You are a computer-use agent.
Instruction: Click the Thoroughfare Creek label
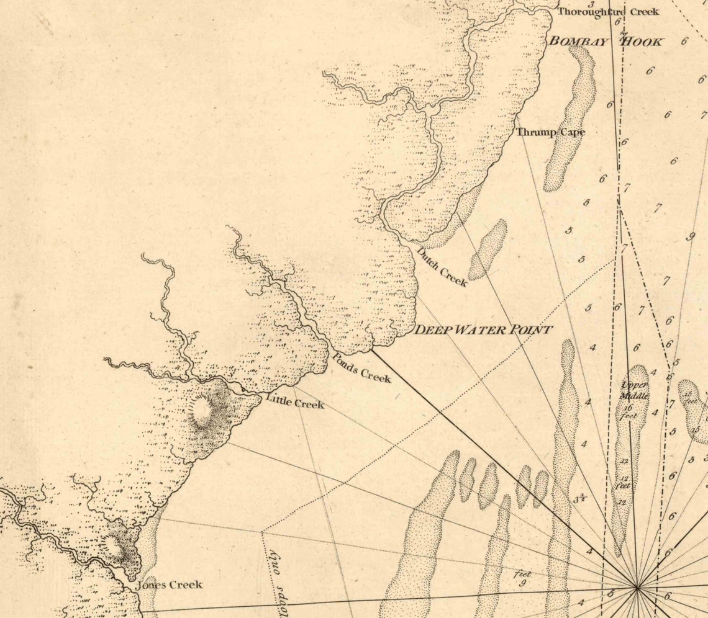(608, 12)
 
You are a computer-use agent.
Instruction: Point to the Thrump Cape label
(550, 132)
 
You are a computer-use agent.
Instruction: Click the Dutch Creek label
(442, 267)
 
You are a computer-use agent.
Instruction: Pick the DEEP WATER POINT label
(483, 329)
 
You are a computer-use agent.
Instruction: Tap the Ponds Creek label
(361, 367)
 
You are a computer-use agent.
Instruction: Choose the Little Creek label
(295, 402)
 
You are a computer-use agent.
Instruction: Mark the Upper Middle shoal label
(635, 390)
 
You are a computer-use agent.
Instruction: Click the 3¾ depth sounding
(580, 497)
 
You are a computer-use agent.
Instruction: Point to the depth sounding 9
(690, 236)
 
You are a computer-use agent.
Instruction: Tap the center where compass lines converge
(637, 586)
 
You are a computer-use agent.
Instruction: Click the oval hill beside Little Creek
(201, 413)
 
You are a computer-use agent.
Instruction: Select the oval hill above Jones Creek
(114, 546)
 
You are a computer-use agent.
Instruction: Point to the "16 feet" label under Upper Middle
(629, 411)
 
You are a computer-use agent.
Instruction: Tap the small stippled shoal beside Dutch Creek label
(488, 248)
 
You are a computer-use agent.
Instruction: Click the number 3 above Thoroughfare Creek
(592, 4)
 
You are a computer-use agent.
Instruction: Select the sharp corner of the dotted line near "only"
(262, 532)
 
